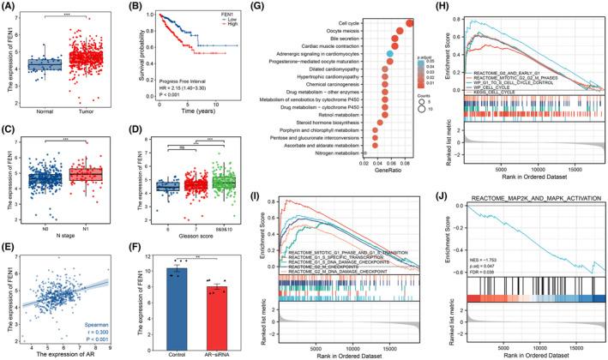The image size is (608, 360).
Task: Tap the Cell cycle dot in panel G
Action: pos(411,22)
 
